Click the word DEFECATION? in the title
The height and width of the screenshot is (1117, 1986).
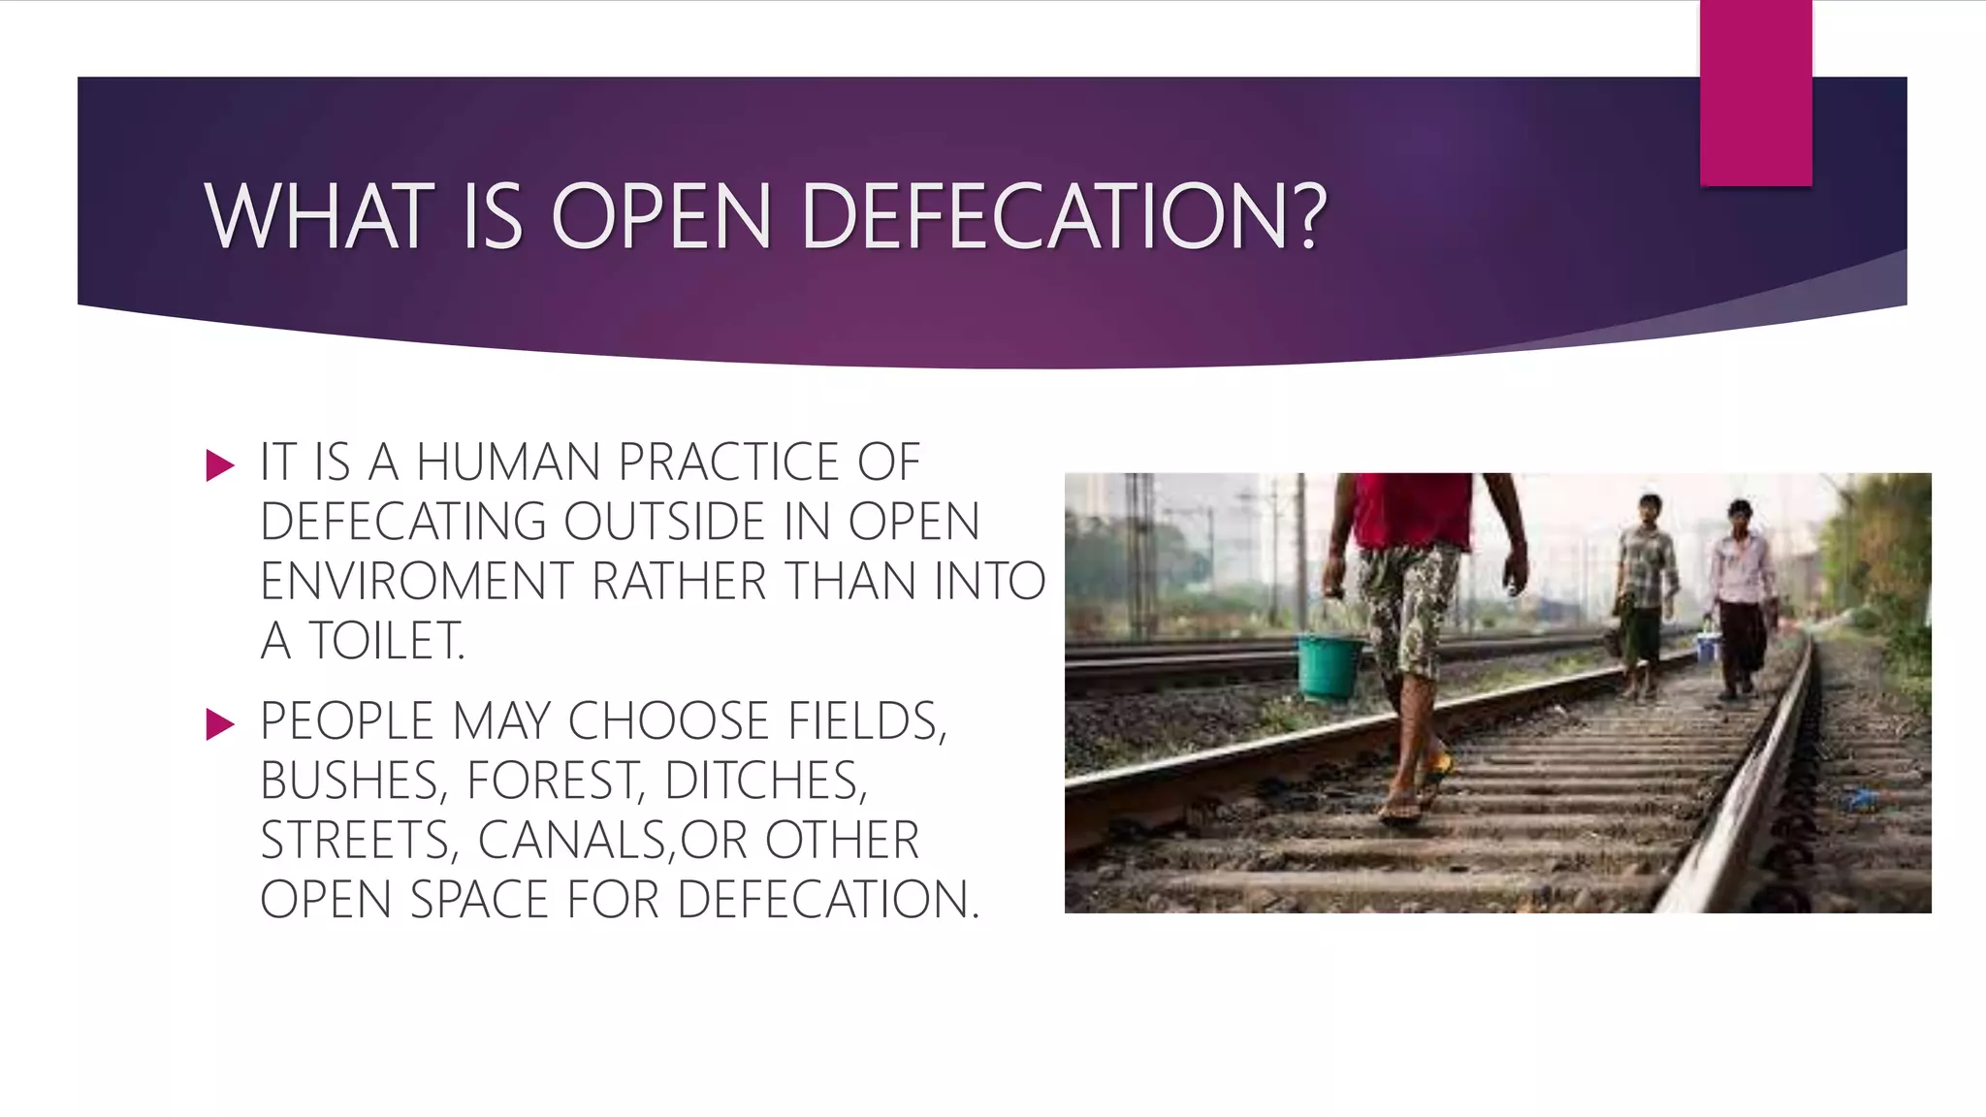click(x=1063, y=217)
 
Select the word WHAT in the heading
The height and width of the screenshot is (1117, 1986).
click(x=318, y=217)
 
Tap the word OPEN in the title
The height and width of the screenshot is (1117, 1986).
click(x=660, y=217)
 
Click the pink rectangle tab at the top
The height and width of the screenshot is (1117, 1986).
click(x=1755, y=92)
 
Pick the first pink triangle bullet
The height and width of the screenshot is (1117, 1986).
click(x=220, y=466)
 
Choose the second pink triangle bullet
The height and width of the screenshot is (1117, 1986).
click(x=220, y=724)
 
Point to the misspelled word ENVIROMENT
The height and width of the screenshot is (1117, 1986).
click(x=417, y=582)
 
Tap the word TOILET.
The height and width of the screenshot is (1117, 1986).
click(x=386, y=641)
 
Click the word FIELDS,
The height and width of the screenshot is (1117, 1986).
click(x=866, y=721)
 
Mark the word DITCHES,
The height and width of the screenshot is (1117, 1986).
click(x=766, y=781)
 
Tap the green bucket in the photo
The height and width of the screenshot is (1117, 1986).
click(x=1329, y=667)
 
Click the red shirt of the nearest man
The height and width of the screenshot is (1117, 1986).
click(x=1411, y=510)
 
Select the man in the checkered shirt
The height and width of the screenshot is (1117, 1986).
click(x=1645, y=591)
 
